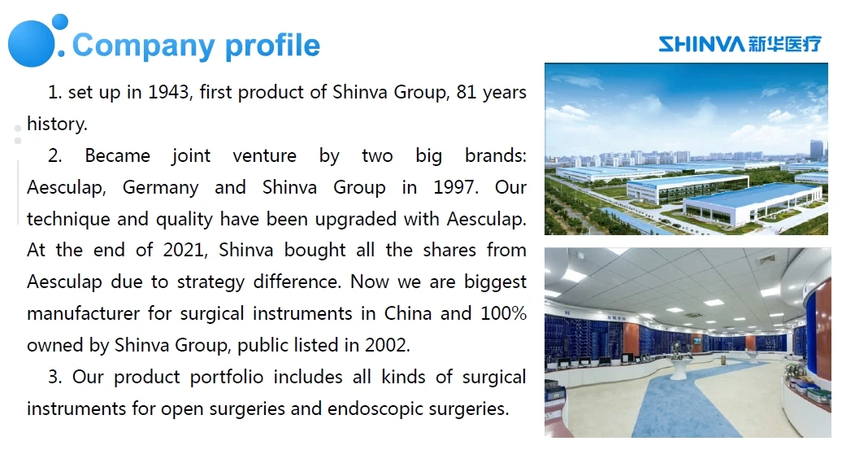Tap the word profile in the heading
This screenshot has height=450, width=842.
(x=272, y=46)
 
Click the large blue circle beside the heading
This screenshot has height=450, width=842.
(x=31, y=43)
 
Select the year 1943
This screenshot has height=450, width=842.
(x=167, y=92)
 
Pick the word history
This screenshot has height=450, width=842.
(x=55, y=124)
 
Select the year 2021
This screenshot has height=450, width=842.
(x=184, y=250)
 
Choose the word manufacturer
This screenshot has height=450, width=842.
(x=83, y=313)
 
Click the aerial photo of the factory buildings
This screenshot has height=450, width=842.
(x=686, y=149)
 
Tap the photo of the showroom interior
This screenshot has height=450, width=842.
(x=686, y=343)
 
